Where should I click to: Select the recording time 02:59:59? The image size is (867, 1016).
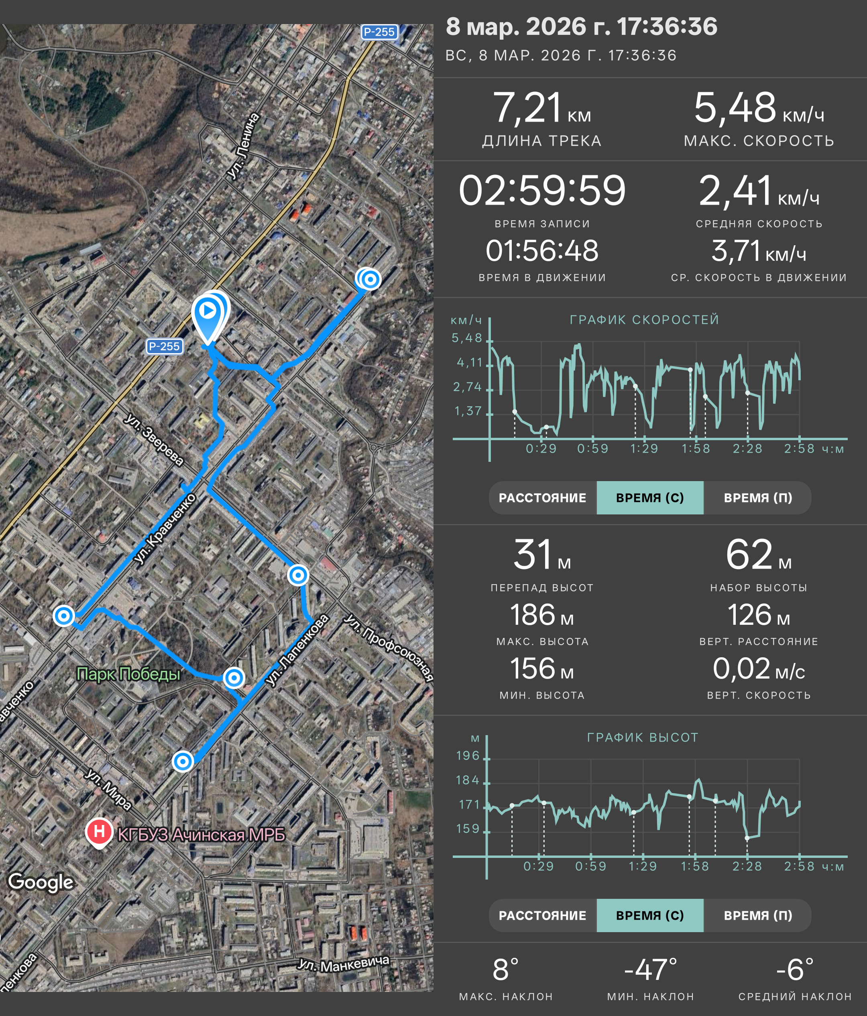[542, 190]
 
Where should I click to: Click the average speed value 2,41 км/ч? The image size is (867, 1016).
[759, 190]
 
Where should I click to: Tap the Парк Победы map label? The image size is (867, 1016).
[128, 674]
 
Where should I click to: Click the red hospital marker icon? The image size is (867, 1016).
[99, 833]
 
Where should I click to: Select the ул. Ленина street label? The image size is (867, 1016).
[244, 145]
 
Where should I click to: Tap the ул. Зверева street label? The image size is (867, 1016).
[153, 439]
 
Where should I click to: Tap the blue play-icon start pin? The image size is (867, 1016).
[209, 316]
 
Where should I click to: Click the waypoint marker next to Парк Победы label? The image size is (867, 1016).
[234, 678]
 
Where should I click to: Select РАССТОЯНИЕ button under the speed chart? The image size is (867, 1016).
[542, 498]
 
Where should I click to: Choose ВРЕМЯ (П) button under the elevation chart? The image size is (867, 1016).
[758, 915]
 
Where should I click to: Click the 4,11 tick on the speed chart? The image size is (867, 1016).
[469, 362]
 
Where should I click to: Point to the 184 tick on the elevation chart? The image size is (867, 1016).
[467, 780]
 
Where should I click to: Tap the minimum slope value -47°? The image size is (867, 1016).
[650, 969]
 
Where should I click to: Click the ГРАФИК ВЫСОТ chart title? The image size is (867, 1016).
[642, 738]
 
